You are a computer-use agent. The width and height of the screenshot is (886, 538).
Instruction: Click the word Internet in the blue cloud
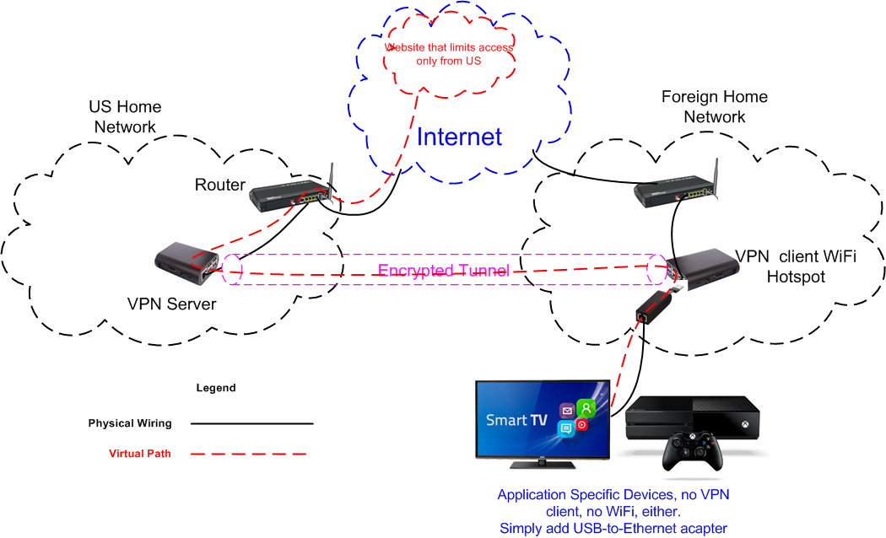click(x=459, y=137)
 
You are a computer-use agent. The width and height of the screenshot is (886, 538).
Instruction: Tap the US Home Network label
click(x=125, y=117)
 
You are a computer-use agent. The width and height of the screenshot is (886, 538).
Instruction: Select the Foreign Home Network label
click(x=714, y=106)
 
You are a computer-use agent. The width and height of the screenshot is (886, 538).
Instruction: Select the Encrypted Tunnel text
click(x=443, y=271)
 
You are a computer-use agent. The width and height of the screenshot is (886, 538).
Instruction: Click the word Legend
click(x=216, y=389)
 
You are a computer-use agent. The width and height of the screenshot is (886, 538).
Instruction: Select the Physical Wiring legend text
click(x=130, y=423)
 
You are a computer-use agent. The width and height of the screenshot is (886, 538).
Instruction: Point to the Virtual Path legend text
click(x=140, y=454)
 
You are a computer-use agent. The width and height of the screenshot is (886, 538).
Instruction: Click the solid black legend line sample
click(x=251, y=423)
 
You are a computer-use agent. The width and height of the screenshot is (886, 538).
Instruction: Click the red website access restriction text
click(x=449, y=54)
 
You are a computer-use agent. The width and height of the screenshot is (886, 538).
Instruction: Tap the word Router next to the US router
click(x=220, y=185)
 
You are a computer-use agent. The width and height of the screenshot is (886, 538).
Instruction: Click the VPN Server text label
click(x=171, y=304)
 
